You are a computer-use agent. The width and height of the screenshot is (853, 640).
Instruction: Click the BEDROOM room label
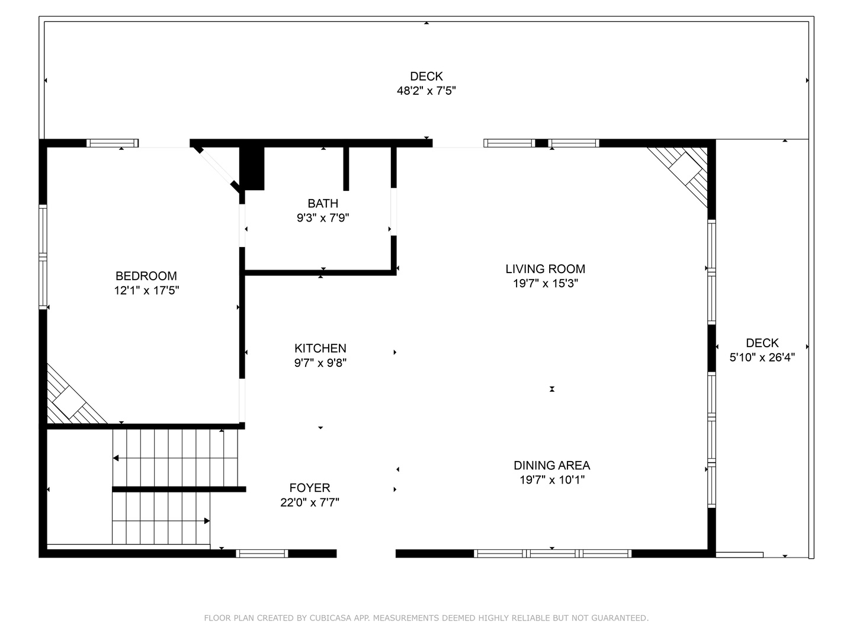click(146, 276)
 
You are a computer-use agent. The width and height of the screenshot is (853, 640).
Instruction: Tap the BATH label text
click(323, 203)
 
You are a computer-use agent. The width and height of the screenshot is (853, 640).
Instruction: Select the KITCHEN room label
click(320, 348)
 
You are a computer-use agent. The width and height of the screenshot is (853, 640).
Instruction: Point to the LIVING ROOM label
click(545, 269)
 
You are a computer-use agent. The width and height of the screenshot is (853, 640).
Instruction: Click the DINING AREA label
click(552, 465)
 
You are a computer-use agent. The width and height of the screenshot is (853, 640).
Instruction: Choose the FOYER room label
click(310, 488)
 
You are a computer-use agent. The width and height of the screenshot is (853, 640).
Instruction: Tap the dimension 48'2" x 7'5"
click(426, 91)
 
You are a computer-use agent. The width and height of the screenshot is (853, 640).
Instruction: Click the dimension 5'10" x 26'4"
click(762, 357)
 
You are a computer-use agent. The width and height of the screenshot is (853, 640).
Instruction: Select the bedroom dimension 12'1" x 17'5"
click(146, 290)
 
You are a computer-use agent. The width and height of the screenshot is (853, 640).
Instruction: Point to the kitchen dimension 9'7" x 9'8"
click(320, 363)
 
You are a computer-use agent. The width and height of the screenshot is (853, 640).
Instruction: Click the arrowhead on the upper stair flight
click(116, 458)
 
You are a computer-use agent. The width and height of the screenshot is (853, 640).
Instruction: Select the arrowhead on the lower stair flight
click(207, 521)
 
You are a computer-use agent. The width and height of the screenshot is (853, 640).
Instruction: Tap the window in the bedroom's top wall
click(113, 143)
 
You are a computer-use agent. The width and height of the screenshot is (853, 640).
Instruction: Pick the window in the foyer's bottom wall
click(262, 553)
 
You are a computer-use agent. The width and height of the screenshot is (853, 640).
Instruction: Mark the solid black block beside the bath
click(252, 169)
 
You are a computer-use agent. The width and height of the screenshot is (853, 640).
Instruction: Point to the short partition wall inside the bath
click(346, 169)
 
